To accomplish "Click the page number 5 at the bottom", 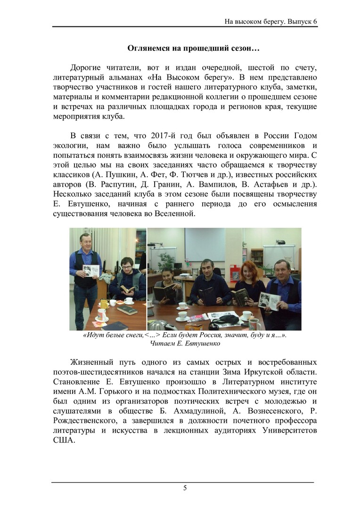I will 185,488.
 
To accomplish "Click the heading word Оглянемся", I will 150,48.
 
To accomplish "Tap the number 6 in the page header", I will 315,21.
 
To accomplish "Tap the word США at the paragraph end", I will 60,442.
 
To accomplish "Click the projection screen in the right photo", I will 205,244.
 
